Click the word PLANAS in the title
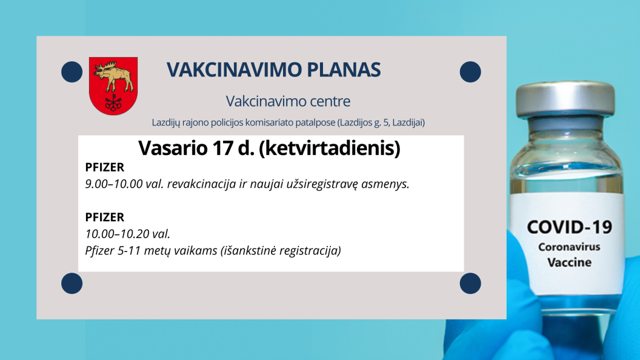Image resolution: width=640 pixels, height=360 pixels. (344, 70)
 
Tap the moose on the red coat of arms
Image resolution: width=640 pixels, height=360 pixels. (113, 76)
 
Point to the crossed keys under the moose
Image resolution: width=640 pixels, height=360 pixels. (113, 102)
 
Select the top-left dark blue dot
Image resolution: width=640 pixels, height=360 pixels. (72, 72)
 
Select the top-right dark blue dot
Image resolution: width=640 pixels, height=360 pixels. (470, 72)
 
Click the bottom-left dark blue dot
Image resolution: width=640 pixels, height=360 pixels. (72, 283)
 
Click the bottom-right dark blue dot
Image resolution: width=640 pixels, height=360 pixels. (470, 283)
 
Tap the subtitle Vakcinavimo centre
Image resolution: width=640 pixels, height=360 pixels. (288, 101)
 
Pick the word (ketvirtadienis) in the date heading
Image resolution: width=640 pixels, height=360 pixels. (330, 148)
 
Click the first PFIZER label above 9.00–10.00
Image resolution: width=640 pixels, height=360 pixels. (104, 167)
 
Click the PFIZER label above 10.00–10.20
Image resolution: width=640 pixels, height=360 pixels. (104, 217)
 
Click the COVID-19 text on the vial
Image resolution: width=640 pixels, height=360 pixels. (569, 227)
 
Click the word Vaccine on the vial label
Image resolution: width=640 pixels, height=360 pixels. (569, 262)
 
